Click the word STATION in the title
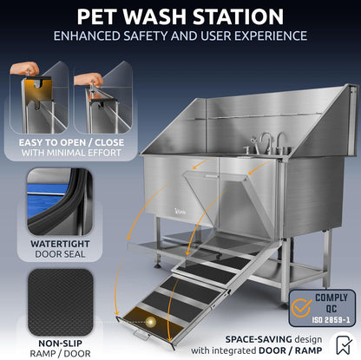(234, 16)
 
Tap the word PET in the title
(98, 16)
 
